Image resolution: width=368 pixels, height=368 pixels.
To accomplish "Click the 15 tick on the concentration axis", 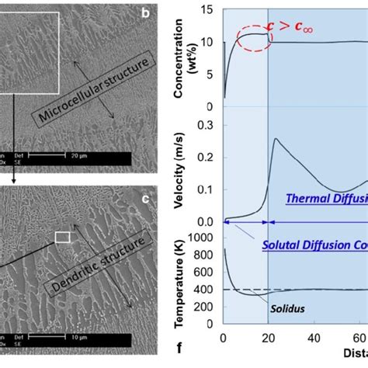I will pos(208,10).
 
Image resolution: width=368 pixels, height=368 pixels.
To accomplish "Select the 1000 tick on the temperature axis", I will pos(203,236).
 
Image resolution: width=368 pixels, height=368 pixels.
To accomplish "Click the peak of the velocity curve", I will pos(277,139).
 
